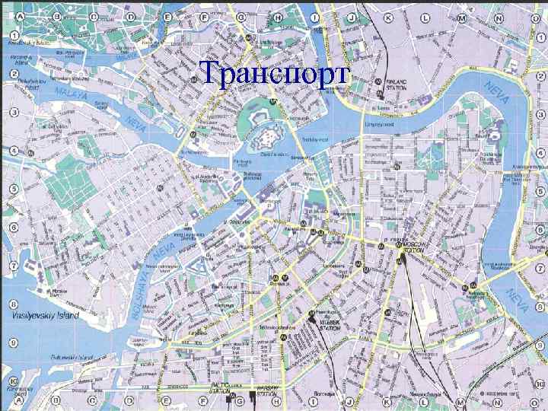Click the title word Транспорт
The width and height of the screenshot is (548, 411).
coord(273,74)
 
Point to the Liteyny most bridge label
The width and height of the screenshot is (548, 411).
coord(379,123)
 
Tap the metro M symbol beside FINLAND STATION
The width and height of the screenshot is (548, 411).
coord(378,96)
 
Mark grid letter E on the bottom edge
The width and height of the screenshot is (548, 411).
coord(161,400)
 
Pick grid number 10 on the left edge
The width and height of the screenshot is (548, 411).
coord(14,381)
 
